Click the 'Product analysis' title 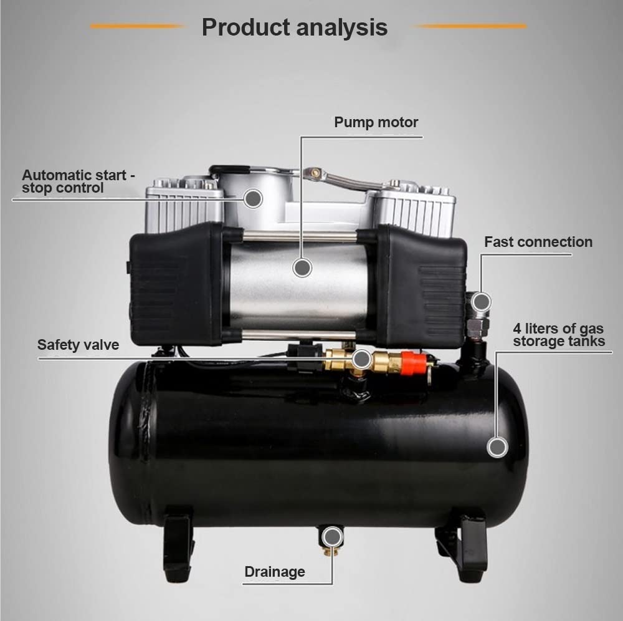pyautogui.click(x=294, y=27)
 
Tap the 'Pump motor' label pyautogui.click(x=376, y=122)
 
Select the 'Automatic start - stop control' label pyautogui.click(x=78, y=181)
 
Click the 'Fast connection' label pyautogui.click(x=538, y=242)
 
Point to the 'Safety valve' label pyautogui.click(x=78, y=345)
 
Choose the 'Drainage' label pyautogui.click(x=275, y=571)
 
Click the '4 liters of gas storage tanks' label pyautogui.click(x=559, y=335)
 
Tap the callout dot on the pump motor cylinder pyautogui.click(x=302, y=268)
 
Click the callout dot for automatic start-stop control pyautogui.click(x=253, y=199)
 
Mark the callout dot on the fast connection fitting pyautogui.click(x=481, y=302)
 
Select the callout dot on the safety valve pyautogui.click(x=361, y=359)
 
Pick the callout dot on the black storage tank pyautogui.click(x=497, y=447)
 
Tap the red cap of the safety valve pyautogui.click(x=413, y=363)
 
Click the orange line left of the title pyautogui.click(x=138, y=26)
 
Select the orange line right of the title pyautogui.click(x=471, y=26)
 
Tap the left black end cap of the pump pyautogui.click(x=176, y=284)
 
